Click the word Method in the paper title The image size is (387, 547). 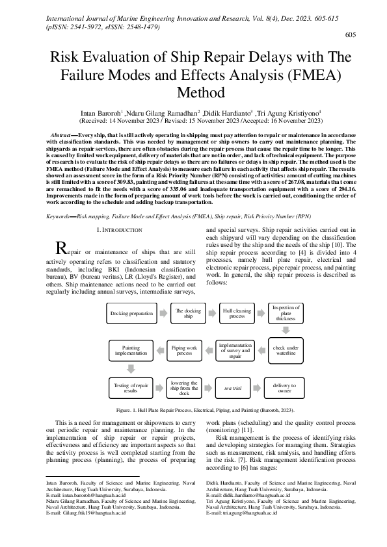click(x=193, y=93)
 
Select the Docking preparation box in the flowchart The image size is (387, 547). click(x=131, y=313)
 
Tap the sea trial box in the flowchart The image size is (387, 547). click(x=232, y=388)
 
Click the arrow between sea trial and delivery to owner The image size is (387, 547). click(x=258, y=388)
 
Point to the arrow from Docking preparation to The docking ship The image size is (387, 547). click(x=163, y=313)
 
